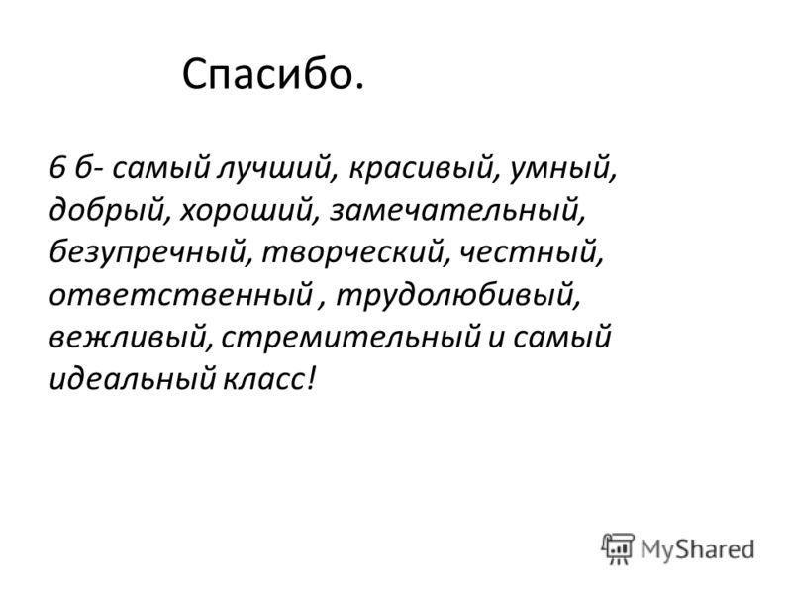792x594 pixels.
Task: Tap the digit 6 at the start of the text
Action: pyautogui.click(x=57, y=167)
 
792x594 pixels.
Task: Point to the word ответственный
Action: pyautogui.click(x=181, y=295)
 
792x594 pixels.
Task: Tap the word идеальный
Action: pyautogui.click(x=133, y=379)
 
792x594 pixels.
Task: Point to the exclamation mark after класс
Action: pyautogui.click(x=311, y=378)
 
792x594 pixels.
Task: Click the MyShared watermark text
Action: pyautogui.click(x=698, y=549)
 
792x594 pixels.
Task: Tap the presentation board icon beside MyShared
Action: pyautogui.click(x=617, y=548)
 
